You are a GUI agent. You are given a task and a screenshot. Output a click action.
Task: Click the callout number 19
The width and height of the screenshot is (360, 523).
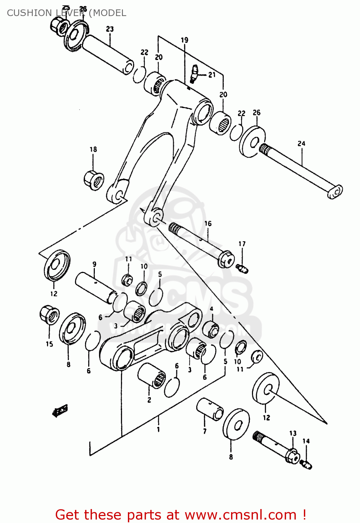[x=184, y=40]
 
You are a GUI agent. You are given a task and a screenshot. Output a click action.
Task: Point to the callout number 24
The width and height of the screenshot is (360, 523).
[x=301, y=143]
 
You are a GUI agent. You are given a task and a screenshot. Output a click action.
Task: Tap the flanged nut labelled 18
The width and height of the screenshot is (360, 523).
[x=94, y=179]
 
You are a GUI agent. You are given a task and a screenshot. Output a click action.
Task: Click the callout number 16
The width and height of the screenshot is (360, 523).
[x=208, y=223]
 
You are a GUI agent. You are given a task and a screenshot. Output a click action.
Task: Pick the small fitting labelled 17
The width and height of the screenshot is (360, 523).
[x=242, y=268]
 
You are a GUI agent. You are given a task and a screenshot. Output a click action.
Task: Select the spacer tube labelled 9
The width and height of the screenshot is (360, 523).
[x=96, y=287]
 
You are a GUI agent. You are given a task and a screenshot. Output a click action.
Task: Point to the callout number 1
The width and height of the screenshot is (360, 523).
[x=158, y=429]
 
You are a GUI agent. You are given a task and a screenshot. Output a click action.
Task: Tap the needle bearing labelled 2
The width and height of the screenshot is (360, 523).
[x=152, y=376]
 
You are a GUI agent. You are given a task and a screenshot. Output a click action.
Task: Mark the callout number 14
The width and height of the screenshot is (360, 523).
[x=306, y=441]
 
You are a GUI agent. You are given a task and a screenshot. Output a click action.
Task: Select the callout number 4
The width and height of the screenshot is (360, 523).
[x=211, y=309]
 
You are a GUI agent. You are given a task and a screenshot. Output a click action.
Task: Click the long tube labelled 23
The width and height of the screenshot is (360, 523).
[x=108, y=54]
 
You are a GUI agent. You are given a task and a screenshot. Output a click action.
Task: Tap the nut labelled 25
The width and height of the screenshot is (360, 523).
[x=58, y=25]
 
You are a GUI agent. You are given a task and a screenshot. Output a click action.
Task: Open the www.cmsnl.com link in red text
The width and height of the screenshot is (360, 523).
[x=240, y=515]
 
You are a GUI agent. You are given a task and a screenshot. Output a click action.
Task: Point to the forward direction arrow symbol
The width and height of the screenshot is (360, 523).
[x=60, y=410]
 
